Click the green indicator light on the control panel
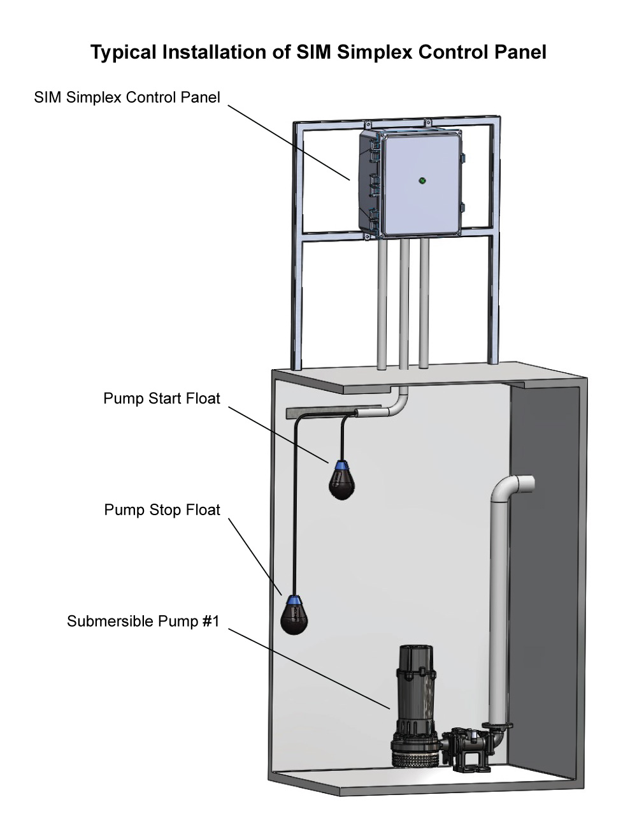coord(421,181)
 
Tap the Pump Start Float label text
coord(162,398)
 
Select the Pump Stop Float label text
coord(162,510)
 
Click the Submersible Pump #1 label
coord(143,621)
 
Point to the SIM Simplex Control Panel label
coord(127,97)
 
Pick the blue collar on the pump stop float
coord(294,600)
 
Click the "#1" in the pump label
coord(211,621)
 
